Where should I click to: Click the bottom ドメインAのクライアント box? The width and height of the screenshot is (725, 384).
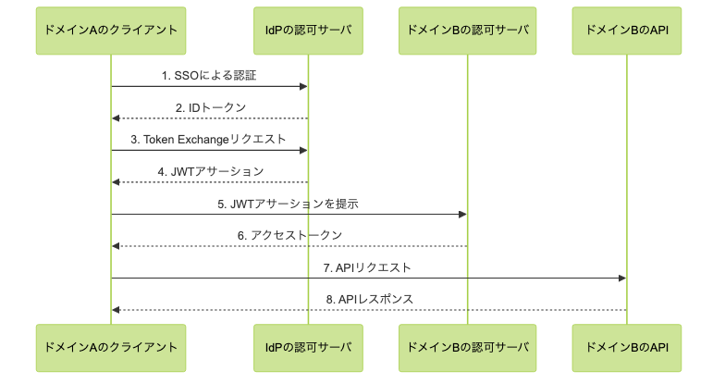[111, 348]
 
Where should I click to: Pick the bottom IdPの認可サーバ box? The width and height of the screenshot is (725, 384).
[308, 348]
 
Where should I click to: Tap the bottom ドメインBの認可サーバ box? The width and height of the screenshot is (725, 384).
[467, 348]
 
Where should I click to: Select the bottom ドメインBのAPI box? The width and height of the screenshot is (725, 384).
[627, 348]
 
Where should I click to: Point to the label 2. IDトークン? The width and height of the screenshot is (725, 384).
[211, 107]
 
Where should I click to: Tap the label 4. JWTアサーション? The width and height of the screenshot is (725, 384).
[211, 171]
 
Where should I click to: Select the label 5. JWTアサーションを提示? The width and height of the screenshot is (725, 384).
[289, 204]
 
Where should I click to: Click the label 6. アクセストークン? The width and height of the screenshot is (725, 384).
[289, 235]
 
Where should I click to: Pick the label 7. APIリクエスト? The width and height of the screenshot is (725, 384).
[368, 267]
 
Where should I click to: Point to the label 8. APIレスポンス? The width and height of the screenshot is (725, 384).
[369, 299]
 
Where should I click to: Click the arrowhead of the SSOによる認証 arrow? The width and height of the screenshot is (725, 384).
[303, 87]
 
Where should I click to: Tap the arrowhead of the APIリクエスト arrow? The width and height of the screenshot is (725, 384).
[622, 279]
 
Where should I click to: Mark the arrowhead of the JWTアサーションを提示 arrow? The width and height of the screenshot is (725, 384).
[462, 215]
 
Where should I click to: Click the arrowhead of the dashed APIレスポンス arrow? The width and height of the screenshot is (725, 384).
[116, 310]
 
